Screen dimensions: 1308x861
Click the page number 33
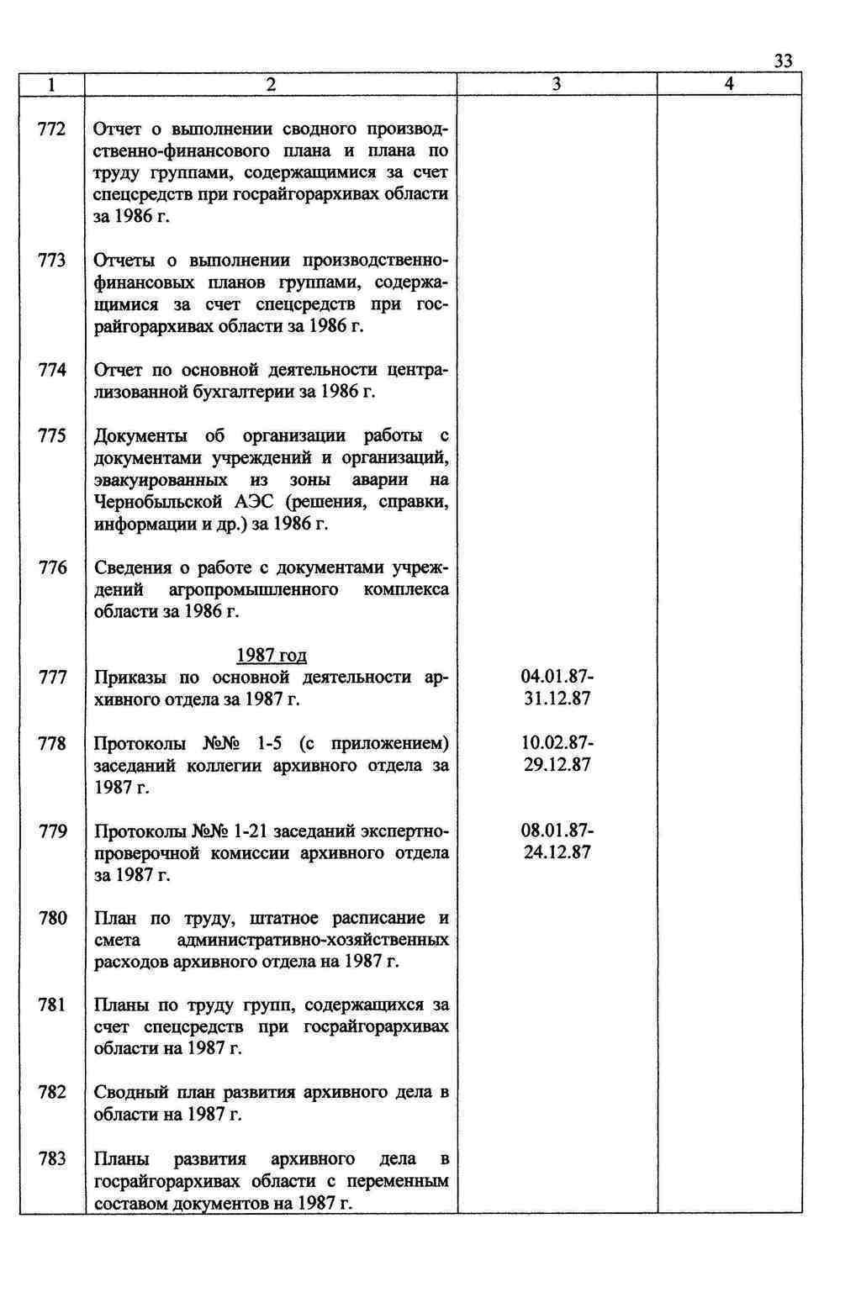coord(782,61)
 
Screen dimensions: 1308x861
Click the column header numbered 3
coord(557,84)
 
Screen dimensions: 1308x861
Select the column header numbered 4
coord(729,84)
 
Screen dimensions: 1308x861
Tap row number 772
coord(52,129)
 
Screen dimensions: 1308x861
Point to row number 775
coord(52,436)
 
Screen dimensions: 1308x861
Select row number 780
coord(52,918)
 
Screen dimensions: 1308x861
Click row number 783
coord(52,1159)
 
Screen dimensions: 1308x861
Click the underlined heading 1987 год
coord(271,656)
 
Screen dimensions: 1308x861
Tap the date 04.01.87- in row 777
coord(557,678)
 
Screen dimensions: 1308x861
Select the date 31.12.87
coord(557,699)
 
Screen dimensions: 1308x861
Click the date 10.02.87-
coord(557,743)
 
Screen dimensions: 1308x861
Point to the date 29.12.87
coord(557,765)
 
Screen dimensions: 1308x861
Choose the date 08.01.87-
coord(557,831)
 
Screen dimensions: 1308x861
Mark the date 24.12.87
coord(557,852)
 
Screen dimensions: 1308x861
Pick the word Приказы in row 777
coord(126,678)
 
